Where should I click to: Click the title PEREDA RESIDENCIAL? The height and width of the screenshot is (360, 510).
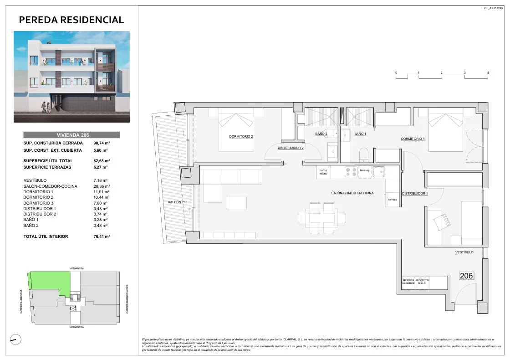coord(71,20)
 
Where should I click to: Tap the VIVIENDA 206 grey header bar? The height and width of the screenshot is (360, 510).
coord(71,135)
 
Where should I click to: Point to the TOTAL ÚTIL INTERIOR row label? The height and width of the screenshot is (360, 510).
coord(46,237)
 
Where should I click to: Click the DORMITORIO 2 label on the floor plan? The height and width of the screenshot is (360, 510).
coord(240,136)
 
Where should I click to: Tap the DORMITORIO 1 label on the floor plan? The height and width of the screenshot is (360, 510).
coord(413,139)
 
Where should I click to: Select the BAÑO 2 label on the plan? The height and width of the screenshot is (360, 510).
coord(321,134)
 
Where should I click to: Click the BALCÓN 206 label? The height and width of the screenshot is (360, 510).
coord(178,202)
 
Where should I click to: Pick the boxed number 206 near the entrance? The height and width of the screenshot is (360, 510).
coord(466,276)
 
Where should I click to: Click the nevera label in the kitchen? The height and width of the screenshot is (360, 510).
coord(392,200)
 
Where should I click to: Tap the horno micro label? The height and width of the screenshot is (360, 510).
coord(323,172)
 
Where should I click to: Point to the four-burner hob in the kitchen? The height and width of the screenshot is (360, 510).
coord(351,172)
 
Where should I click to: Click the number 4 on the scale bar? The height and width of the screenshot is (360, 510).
coord(488,73)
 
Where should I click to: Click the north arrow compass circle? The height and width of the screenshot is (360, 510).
coord(15,339)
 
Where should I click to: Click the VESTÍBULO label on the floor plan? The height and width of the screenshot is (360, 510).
coord(464,252)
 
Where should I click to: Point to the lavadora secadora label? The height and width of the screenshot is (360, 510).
coord(408,281)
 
